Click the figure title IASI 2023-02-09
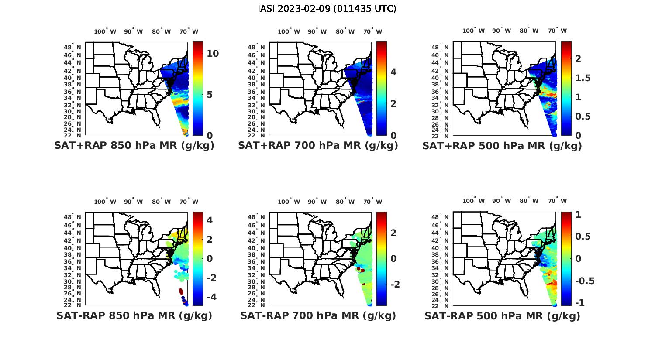(327, 9)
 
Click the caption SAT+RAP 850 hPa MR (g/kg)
(134, 146)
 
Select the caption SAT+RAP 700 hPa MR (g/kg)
(318, 146)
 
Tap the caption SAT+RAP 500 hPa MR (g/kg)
(502, 146)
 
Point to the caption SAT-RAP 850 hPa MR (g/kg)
(134, 315)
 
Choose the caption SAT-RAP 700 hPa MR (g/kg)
(318, 315)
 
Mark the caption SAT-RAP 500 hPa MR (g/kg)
(502, 315)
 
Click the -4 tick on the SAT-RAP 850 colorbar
(207, 297)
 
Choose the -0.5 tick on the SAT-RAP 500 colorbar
(584, 281)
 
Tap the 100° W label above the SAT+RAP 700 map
(289, 31)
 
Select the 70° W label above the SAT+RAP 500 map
(557, 31)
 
